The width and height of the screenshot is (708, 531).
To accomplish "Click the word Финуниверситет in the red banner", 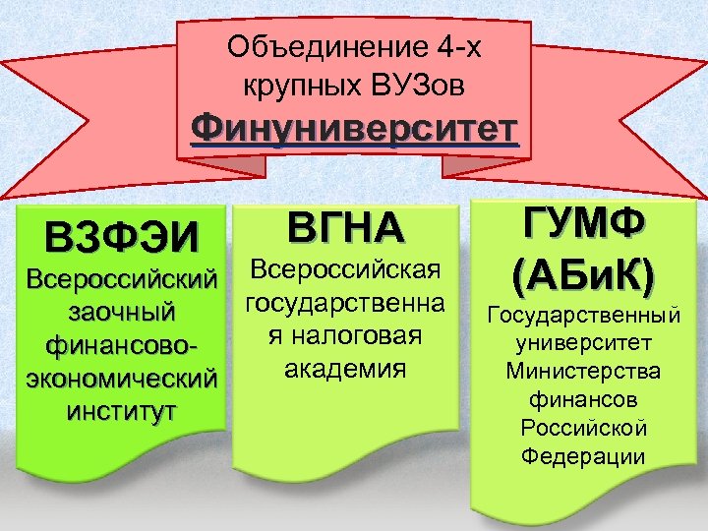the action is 354,128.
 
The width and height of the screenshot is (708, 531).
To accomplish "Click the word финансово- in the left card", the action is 122,345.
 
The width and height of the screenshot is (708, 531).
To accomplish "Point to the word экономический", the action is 122,378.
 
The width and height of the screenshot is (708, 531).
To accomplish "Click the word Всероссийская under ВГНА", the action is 344,269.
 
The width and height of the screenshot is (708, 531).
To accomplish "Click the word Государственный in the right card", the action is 584,316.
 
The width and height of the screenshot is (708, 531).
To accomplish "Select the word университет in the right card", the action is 584,344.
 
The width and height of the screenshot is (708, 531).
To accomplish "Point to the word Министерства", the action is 584,372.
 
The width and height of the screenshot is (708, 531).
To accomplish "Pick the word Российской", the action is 584,428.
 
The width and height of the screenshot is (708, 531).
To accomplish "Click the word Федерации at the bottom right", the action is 584,456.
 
